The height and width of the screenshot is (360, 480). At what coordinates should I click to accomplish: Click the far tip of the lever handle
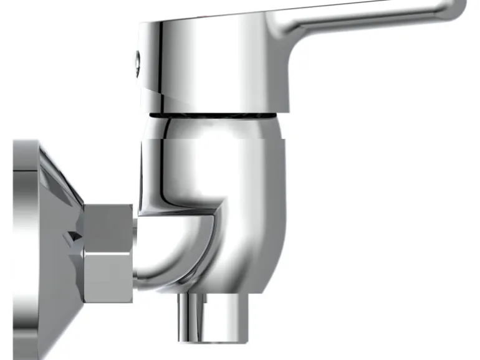(x=458, y=9)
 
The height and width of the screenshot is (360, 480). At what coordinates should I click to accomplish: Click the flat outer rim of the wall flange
(x=24, y=249)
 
